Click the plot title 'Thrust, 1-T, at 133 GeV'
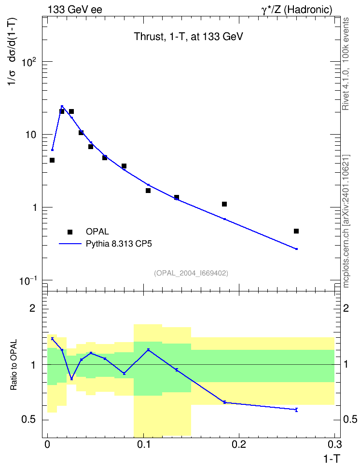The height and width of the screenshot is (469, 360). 188,37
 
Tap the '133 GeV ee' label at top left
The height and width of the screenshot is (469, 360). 75,10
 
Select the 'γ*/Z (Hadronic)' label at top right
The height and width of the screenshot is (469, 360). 297,10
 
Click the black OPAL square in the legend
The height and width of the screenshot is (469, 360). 70,232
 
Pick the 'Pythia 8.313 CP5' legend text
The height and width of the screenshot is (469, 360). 119,244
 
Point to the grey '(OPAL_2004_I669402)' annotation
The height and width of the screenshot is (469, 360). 191,273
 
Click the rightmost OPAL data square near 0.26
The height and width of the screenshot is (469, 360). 296,231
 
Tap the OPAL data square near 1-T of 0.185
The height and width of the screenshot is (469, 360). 224,204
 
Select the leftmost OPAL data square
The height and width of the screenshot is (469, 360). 52,160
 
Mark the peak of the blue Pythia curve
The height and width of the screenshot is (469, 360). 62,106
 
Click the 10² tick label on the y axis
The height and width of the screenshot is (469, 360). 29,62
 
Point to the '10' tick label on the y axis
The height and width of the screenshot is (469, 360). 30,135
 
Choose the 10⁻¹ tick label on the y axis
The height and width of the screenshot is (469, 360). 28,281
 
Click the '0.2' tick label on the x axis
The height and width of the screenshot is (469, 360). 238,444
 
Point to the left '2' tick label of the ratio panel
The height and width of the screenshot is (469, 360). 32,308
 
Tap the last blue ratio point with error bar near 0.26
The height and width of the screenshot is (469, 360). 296,410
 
